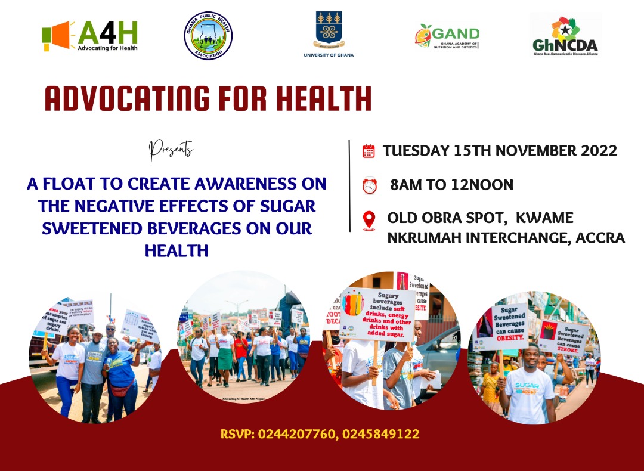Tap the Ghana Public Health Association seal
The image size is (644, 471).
pyautogui.click(x=208, y=36)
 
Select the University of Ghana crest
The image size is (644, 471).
pyautogui.click(x=328, y=31)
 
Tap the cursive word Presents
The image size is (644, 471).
pyautogui.click(x=171, y=149)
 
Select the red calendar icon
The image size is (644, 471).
pyautogui.click(x=369, y=151)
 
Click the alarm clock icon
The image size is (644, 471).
pyautogui.click(x=370, y=186)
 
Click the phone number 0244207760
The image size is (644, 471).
pyautogui.click(x=295, y=434)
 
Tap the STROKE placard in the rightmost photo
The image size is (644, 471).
pyautogui.click(x=563, y=337)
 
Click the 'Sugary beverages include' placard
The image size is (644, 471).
pyautogui.click(x=377, y=316)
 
